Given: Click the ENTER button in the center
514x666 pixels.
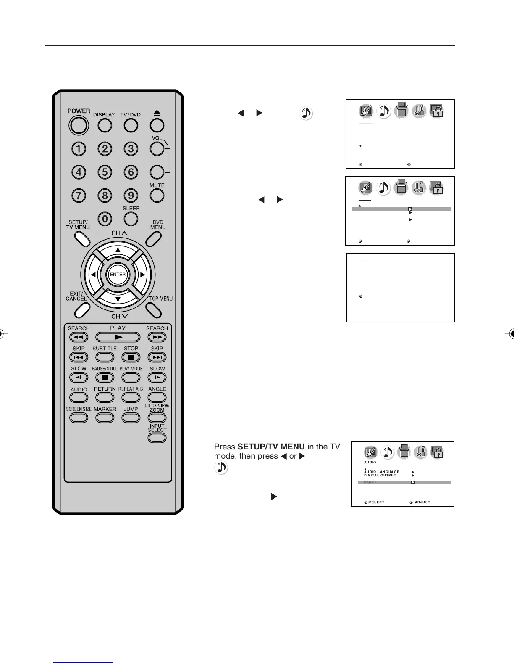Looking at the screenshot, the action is point(118,275).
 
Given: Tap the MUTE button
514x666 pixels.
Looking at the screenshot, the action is point(157,195).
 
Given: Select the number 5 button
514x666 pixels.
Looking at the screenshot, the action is point(105,172).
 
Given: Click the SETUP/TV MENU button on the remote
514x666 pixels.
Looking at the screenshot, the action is point(82,238).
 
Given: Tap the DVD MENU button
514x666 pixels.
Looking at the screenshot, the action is point(153,238).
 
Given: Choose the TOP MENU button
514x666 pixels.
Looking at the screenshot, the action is point(154,310).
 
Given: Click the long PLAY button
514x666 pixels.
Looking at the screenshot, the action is point(118,337).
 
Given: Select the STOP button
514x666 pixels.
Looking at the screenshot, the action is point(131,357).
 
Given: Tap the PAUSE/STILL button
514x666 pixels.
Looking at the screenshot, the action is point(105,377).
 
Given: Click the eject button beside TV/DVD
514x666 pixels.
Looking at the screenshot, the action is point(157,125).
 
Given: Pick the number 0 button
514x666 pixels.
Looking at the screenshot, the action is point(105,219).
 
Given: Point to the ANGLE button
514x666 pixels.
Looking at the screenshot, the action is point(157,397).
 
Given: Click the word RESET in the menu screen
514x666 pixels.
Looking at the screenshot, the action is point(370,482).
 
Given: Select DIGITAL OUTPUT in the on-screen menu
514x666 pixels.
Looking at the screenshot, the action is point(380,476).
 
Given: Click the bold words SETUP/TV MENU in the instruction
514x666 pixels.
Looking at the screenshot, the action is point(271,447).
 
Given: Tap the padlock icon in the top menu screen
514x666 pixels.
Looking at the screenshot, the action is point(437,111).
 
